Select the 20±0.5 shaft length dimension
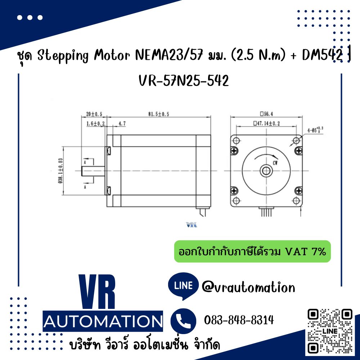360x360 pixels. (x=94, y=114)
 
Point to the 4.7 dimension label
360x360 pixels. (x=122, y=124)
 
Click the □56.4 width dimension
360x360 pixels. (x=266, y=114)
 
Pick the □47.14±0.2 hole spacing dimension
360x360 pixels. (x=266, y=124)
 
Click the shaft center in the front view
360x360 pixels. (x=266, y=170)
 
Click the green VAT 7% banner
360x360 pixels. (x=252, y=251)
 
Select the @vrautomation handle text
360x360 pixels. (x=248, y=287)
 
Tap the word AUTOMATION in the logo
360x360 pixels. (x=103, y=321)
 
